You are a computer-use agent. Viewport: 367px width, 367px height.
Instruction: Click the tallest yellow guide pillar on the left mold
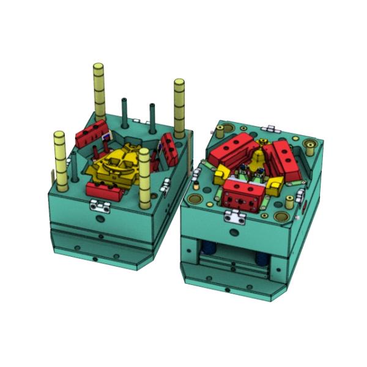(x=99, y=92)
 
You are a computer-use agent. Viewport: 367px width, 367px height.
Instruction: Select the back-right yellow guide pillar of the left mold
(x=179, y=107)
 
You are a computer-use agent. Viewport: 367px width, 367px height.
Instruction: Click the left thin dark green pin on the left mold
(x=124, y=110)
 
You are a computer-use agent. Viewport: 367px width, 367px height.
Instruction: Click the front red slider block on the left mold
(x=105, y=190)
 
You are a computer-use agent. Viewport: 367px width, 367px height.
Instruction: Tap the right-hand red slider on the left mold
(x=169, y=150)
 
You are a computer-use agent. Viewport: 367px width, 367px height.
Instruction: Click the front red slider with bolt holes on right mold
(x=243, y=195)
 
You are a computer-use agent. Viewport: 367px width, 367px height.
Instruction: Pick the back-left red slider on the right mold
(x=233, y=150)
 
